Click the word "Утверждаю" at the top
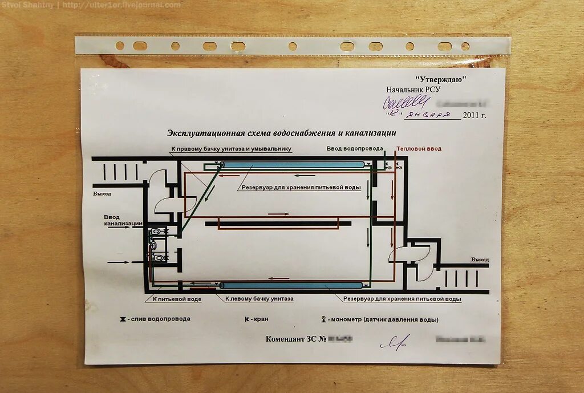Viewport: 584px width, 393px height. click(441, 79)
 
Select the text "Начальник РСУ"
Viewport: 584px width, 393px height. click(413, 90)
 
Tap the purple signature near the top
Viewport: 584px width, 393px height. click(405, 103)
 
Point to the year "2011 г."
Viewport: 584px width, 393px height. click(474, 115)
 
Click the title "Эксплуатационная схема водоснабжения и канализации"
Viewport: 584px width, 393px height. click(281, 133)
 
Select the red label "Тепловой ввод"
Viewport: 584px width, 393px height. click(419, 148)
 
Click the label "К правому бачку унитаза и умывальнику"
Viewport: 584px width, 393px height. click(231, 148)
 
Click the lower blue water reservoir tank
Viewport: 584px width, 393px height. click(291, 285)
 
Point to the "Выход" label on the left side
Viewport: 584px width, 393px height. click(102, 194)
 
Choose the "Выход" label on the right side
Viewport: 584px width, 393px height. click(480, 260)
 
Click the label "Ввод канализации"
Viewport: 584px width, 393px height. click(123, 220)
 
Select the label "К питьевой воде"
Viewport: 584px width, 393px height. click(177, 299)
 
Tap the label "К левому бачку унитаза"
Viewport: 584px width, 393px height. click(259, 299)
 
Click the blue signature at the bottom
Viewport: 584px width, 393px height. click(395, 342)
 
